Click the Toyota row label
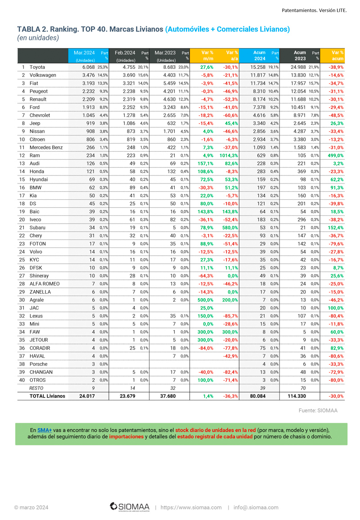coord(37,67)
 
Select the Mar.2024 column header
coord(84,53)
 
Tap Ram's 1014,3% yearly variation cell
coord(229,155)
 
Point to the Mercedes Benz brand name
coord(46,148)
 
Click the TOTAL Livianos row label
coord(47,396)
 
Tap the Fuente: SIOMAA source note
coord(318,410)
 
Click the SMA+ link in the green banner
coord(45,430)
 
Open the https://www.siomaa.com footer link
coord(191,507)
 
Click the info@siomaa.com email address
coord(256,507)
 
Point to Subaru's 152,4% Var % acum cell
coord(335,228)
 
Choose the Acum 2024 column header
coord(259,56)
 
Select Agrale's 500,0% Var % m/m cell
coord(205,300)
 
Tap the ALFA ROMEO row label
coord(45,284)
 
